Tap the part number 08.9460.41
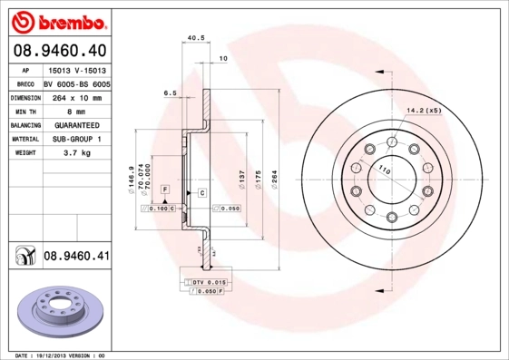click(x=76, y=257)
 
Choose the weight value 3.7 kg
click(x=79, y=153)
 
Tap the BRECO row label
click(x=24, y=83)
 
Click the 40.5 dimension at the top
click(x=193, y=38)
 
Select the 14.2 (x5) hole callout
click(x=423, y=111)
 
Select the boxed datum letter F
click(x=166, y=188)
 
